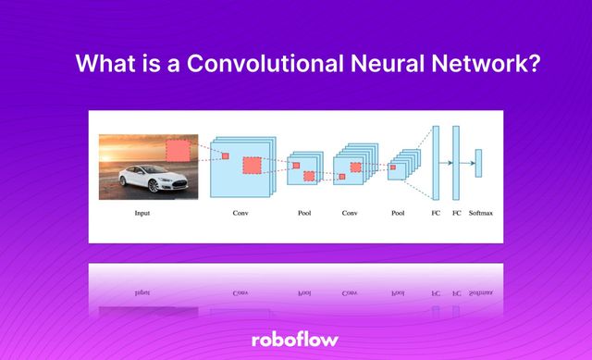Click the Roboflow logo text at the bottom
pos(296,340)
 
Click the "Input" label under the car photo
pos(142,214)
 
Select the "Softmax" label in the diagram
pos(480,214)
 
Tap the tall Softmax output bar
pos(478,163)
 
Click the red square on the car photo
pos(177,151)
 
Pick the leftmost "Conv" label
pos(240,214)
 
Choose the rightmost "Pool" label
pos(398,214)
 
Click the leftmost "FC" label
pos(436,214)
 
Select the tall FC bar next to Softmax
pos(456,163)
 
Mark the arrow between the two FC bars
pos(446,163)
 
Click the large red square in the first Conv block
pos(252,166)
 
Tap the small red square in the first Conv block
pos(225,155)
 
